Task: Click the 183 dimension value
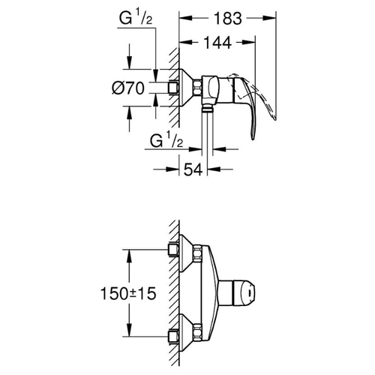point(228,18)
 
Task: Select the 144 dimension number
point(217,43)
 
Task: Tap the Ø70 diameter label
point(128,88)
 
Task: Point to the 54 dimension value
point(193,169)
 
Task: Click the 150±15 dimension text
point(128,293)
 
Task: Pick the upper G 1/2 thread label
point(136,18)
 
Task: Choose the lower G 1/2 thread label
point(166,140)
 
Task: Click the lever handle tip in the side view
point(253,137)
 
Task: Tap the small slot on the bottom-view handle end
point(250,292)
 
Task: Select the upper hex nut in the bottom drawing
point(197,253)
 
